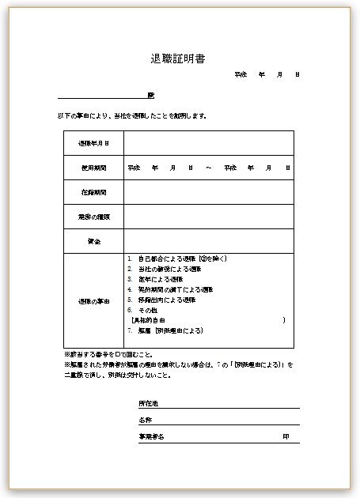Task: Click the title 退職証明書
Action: [x=180, y=59]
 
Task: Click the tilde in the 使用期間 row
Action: [x=207, y=168]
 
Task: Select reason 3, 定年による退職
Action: [x=159, y=279]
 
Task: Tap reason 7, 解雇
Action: [x=166, y=330]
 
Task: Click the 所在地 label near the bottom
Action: [x=148, y=403]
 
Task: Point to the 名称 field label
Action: [x=145, y=420]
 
